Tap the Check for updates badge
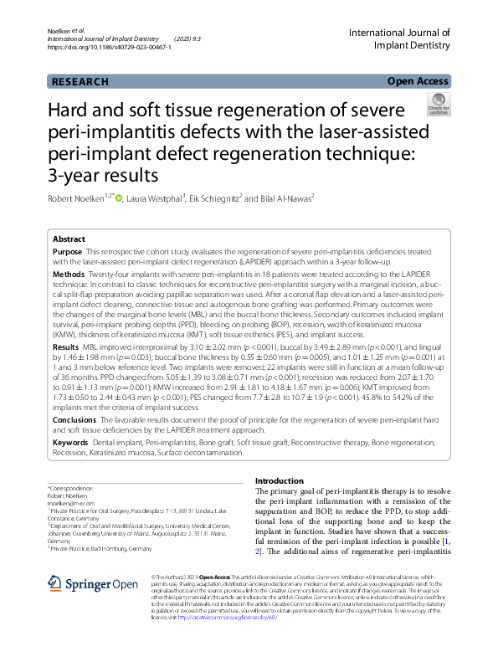tap(437, 106)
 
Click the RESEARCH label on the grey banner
tap(80, 82)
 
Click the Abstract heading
tap(69, 239)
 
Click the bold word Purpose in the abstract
tap(67, 251)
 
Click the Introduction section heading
tap(279, 481)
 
